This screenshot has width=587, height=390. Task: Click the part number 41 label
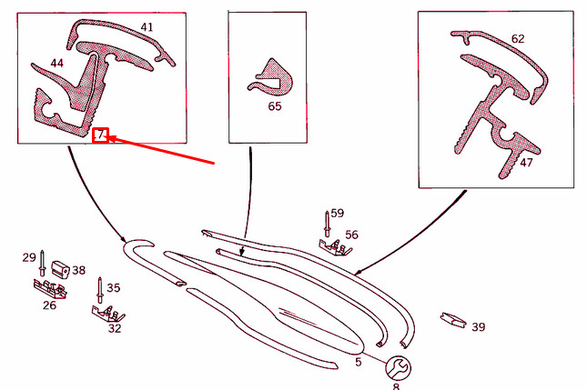(x=147, y=27)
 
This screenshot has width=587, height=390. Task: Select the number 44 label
(x=56, y=63)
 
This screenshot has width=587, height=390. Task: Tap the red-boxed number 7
(x=101, y=135)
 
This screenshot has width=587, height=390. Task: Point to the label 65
(x=275, y=106)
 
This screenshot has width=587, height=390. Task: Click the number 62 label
(x=518, y=39)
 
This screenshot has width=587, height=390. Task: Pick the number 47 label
(x=526, y=163)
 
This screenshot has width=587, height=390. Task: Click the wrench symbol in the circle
(x=398, y=368)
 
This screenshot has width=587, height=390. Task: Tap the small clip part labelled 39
(x=453, y=320)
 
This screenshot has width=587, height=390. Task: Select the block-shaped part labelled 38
(x=60, y=269)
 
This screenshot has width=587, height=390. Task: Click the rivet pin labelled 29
(x=42, y=264)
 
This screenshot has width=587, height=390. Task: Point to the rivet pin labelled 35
(x=100, y=290)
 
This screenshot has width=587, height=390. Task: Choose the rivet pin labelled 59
(x=327, y=224)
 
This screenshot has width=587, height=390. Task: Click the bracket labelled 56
(x=335, y=247)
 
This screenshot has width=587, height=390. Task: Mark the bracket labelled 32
(x=107, y=314)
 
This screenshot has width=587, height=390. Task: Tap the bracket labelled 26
(x=50, y=289)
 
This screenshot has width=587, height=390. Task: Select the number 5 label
(x=359, y=362)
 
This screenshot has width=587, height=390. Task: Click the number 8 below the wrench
(x=396, y=386)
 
